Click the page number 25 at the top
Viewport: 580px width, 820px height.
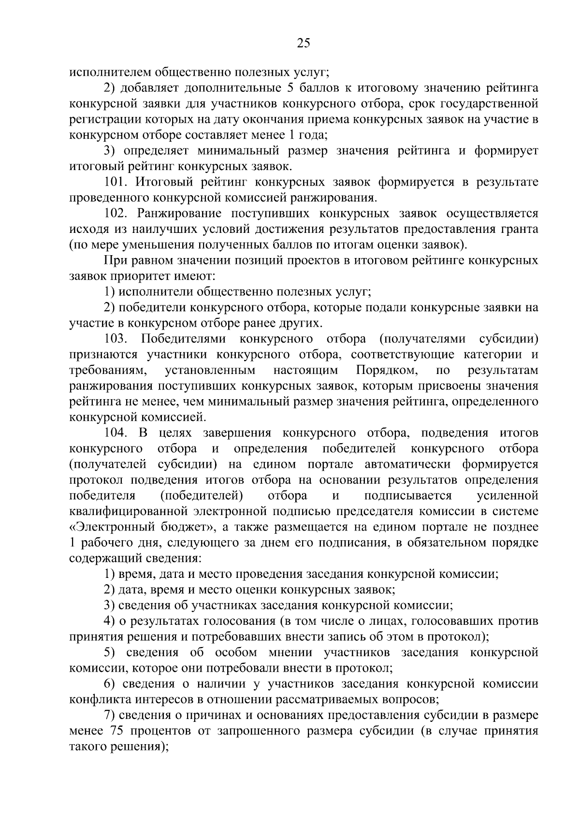point(303,44)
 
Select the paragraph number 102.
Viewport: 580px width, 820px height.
point(116,214)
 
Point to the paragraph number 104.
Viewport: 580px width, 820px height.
point(116,433)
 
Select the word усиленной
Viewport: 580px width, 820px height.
point(507,496)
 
